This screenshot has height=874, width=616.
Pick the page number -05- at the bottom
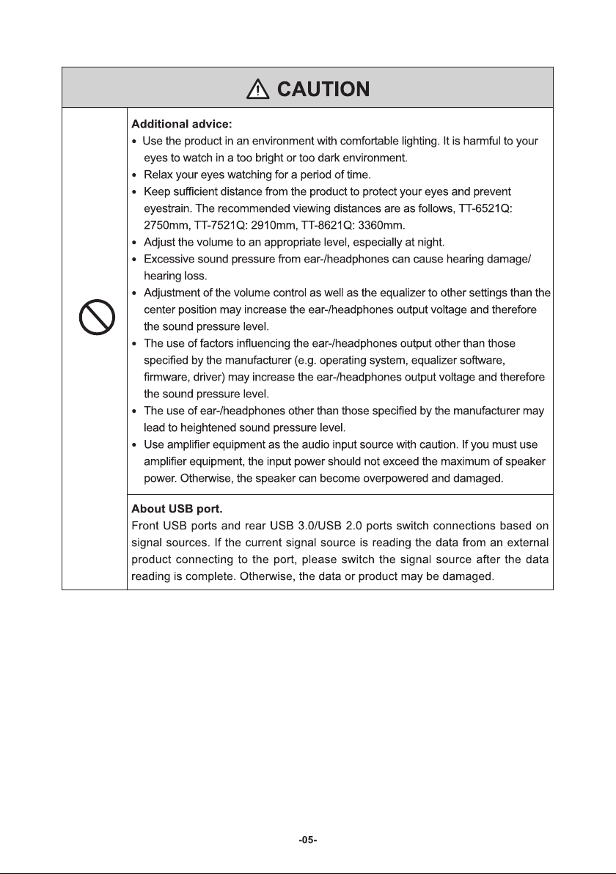[308, 840]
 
